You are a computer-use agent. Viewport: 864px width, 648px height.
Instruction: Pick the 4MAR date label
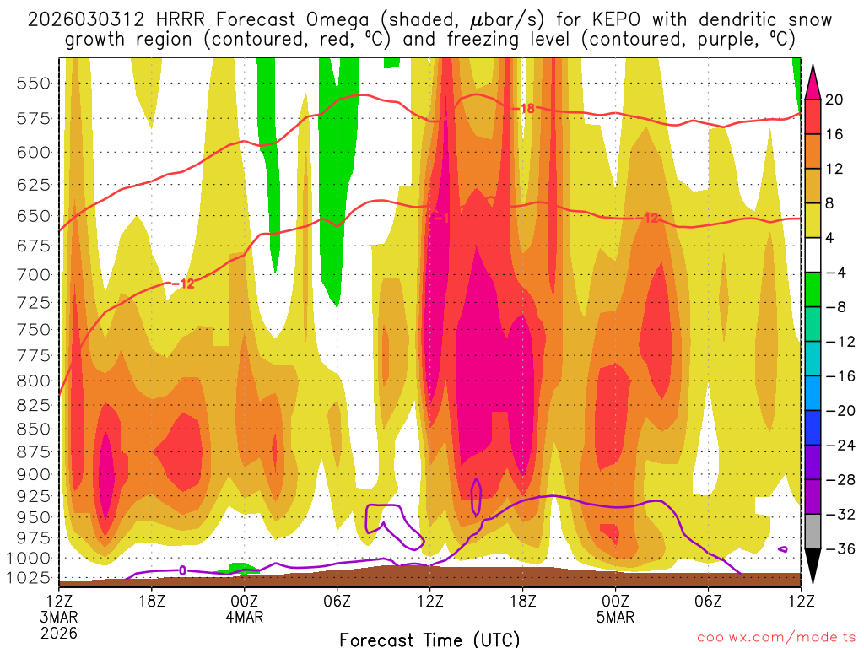point(245,617)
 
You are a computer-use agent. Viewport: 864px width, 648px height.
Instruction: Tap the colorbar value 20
point(835,100)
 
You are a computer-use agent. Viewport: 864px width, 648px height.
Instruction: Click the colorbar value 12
point(835,169)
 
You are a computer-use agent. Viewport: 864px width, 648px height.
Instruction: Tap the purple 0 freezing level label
point(182,571)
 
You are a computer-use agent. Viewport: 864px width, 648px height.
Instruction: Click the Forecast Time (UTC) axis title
point(429,639)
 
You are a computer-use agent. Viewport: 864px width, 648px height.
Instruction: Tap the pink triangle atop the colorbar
point(813,81)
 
